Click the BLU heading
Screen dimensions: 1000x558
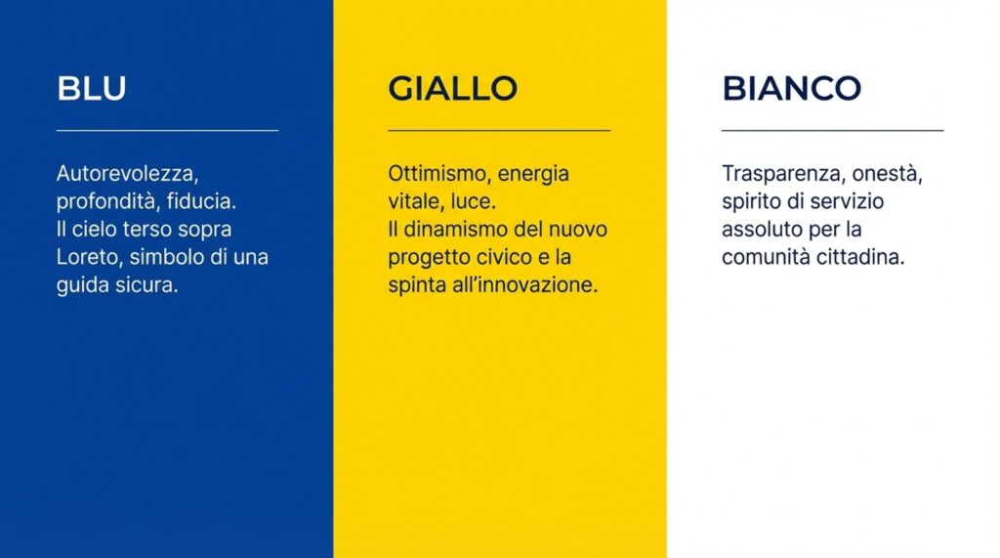click(x=92, y=88)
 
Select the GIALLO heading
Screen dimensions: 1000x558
click(x=453, y=88)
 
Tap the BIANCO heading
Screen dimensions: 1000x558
click(x=791, y=88)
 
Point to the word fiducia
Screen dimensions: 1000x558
click(x=201, y=201)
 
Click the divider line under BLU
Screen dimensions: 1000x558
click(x=167, y=130)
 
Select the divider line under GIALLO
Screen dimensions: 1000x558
click(x=499, y=130)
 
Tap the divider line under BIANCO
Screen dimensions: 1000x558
click(x=832, y=130)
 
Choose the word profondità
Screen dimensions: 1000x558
click(x=108, y=201)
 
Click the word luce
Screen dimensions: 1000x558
click(x=474, y=201)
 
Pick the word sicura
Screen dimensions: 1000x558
click(x=146, y=284)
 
